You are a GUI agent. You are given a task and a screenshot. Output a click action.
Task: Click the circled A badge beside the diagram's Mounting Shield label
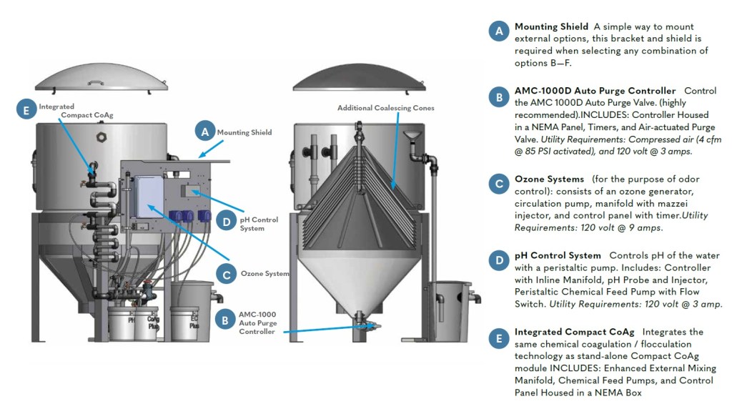[x=205, y=132]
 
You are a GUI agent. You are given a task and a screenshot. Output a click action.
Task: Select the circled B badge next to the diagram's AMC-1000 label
[x=225, y=320]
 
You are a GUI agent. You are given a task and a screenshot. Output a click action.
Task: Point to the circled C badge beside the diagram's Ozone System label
[x=226, y=273]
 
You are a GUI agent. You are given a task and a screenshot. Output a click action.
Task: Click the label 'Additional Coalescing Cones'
[x=386, y=109]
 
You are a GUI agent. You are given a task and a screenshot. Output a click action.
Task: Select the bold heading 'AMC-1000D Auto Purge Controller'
[x=595, y=92]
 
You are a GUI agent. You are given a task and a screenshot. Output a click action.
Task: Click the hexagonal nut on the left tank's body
[x=100, y=134]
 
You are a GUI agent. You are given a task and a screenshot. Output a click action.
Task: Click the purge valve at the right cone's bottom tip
[x=371, y=326]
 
